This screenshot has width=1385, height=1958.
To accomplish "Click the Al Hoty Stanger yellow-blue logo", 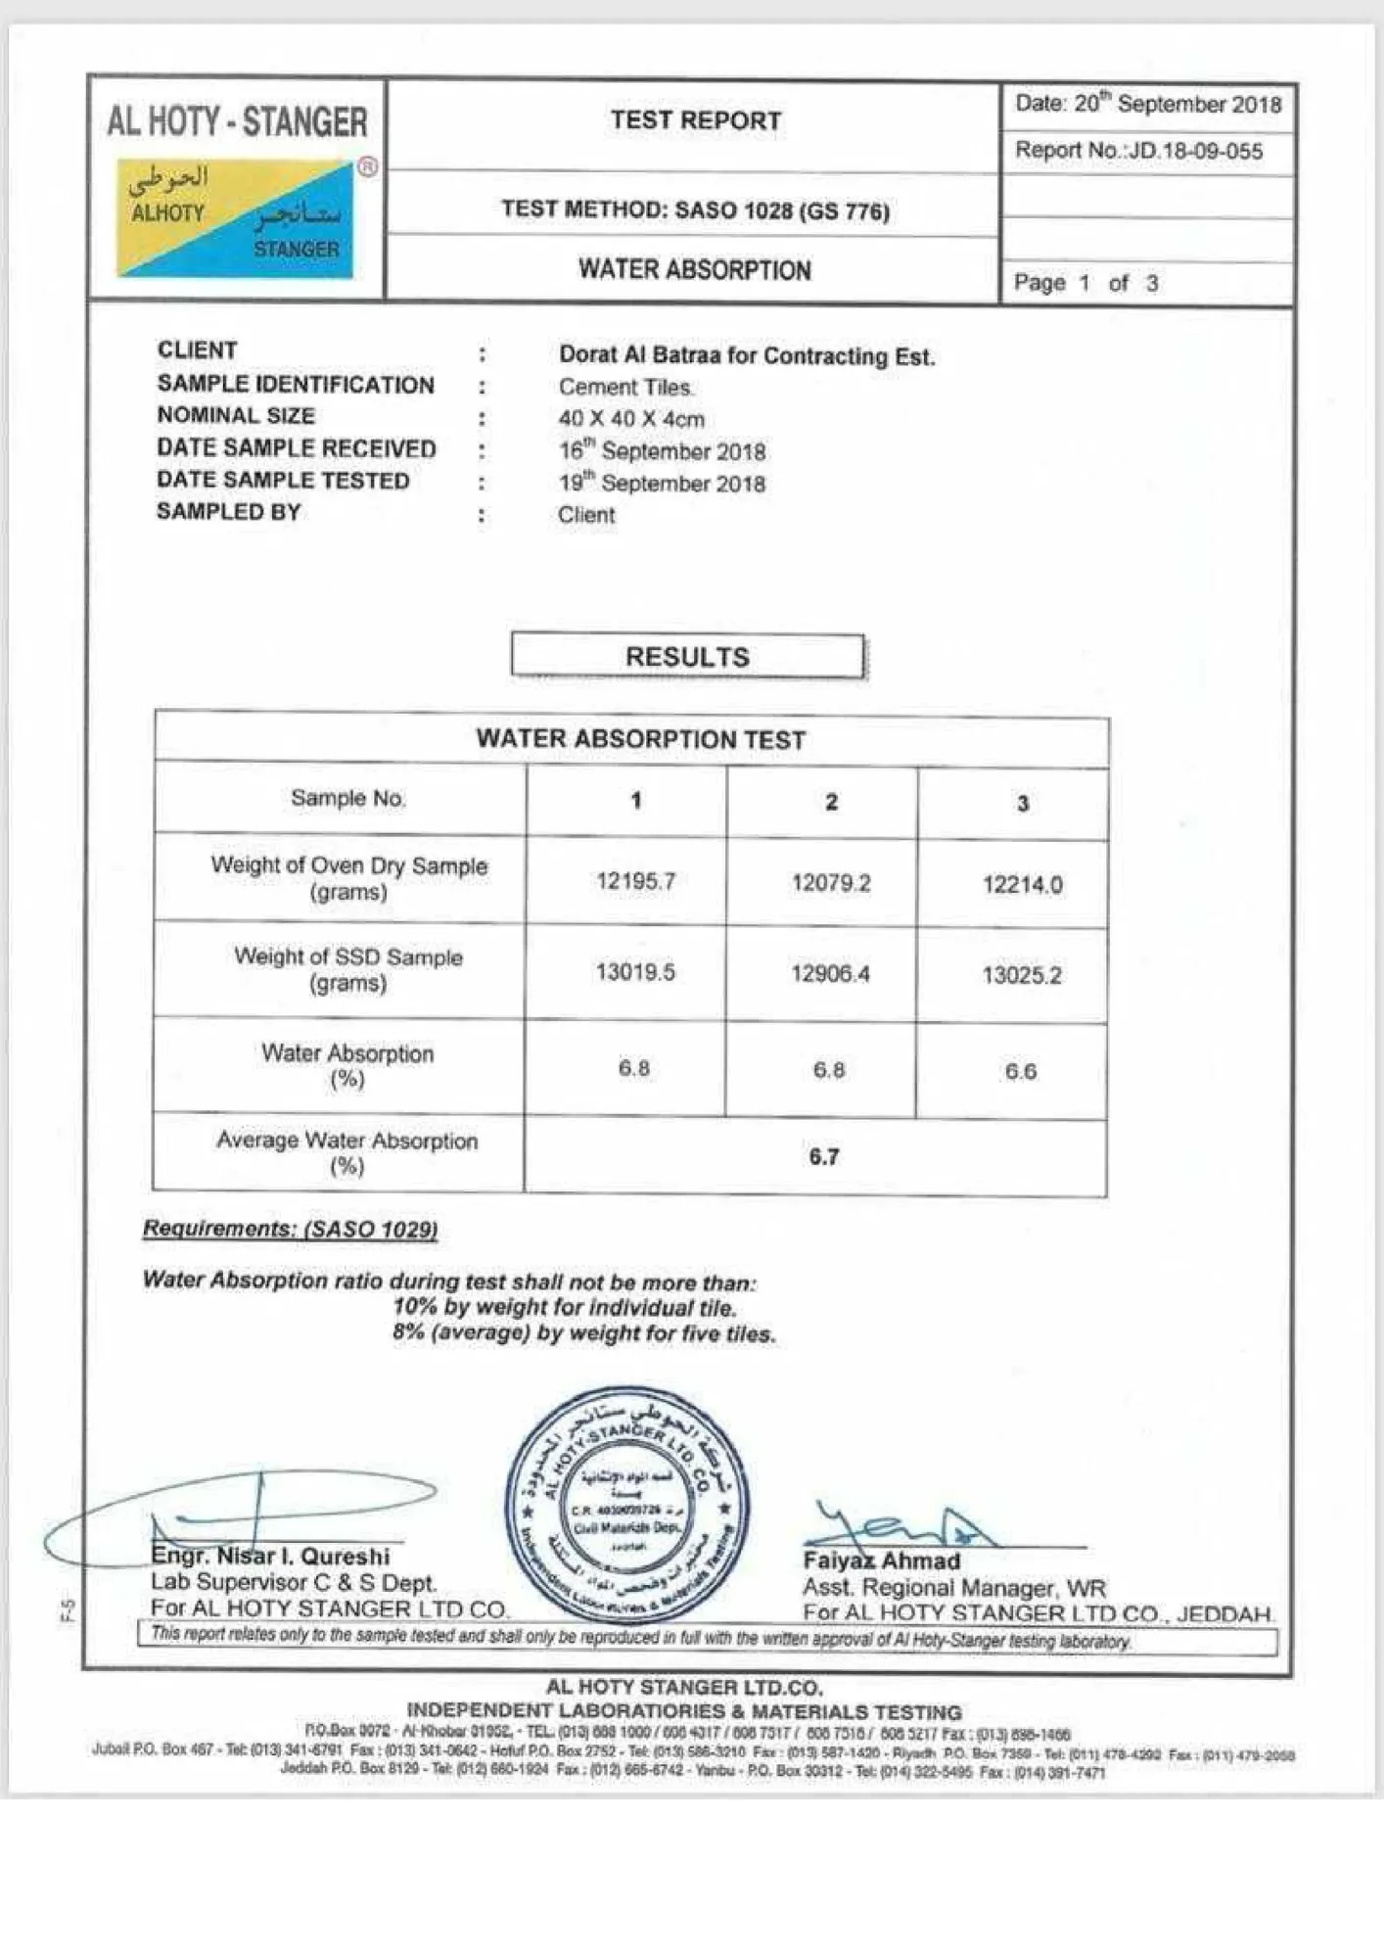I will tap(235, 217).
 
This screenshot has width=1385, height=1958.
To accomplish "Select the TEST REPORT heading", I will tap(696, 120).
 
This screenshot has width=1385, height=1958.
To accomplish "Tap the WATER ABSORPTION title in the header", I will tap(694, 269).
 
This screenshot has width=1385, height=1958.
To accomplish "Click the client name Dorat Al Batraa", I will tap(746, 355).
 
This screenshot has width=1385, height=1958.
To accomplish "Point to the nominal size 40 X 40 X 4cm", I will tap(631, 419).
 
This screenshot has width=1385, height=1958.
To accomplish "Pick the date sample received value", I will tap(662, 451).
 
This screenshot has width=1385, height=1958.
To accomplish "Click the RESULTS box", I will tap(687, 656).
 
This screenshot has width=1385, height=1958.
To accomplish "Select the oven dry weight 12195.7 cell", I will tap(635, 881).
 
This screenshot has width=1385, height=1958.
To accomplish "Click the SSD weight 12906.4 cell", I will tap(830, 973).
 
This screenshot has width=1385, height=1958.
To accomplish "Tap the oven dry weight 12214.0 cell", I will tap(1022, 884).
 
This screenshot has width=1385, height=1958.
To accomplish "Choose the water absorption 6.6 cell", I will tap(1020, 1071).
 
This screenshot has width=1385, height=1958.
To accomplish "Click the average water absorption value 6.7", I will tap(823, 1156).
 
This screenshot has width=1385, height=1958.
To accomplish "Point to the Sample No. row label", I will tap(347, 798).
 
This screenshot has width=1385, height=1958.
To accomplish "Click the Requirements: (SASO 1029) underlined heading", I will tap(290, 1229).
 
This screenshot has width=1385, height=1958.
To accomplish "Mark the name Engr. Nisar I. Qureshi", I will tap(270, 1557).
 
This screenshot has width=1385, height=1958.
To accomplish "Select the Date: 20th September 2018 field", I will tap(1147, 104).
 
